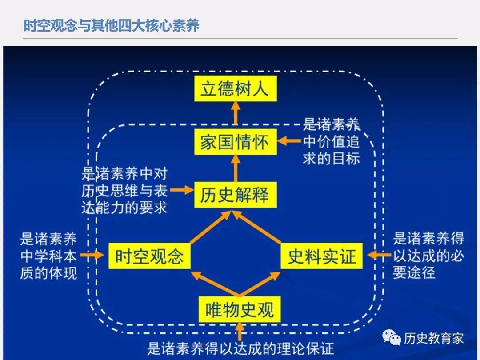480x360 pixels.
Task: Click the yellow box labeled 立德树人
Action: pyautogui.click(x=236, y=89)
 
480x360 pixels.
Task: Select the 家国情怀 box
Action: pyautogui.click(x=236, y=142)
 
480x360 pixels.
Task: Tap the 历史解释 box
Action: pyautogui.click(x=236, y=195)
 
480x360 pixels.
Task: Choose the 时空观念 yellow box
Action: pyautogui.click(x=150, y=256)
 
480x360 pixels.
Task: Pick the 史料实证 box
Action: pyautogui.click(x=321, y=256)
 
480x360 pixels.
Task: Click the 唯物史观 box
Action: pyautogui.click(x=240, y=309)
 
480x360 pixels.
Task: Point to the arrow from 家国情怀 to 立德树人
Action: pyautogui.click(x=236, y=113)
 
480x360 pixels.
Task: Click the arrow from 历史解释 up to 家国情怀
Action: pyautogui.click(x=236, y=168)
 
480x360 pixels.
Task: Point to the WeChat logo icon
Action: pyautogui.click(x=392, y=338)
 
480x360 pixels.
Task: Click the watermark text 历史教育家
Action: pyautogui.click(x=434, y=338)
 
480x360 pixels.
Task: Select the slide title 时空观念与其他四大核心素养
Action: pyautogui.click(x=112, y=25)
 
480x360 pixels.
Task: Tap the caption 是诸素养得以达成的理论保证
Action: pyautogui.click(x=240, y=348)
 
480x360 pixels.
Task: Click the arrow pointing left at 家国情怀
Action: pyautogui.click(x=289, y=141)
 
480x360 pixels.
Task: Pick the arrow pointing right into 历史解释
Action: pyautogui.click(x=182, y=190)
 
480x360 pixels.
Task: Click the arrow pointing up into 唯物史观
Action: pyautogui.click(x=240, y=332)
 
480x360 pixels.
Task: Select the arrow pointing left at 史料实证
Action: pyautogui.click(x=379, y=255)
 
